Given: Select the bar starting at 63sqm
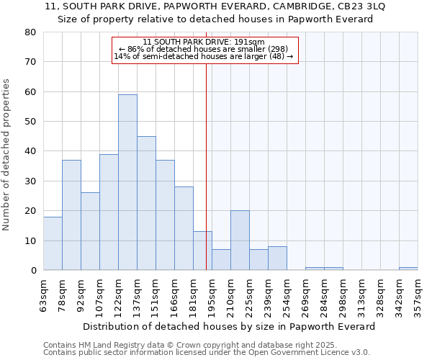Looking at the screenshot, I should tap(53, 243).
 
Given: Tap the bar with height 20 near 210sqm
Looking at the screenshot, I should tap(240, 240).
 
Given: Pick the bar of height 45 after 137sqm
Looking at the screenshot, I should tap(146, 203).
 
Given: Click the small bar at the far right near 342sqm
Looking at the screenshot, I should tap(408, 269).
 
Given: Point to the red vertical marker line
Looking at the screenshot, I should tap(207, 158).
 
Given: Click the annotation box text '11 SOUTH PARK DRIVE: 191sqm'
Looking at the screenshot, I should tap(204, 42).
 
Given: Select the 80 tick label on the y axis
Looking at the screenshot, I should tap(30, 32).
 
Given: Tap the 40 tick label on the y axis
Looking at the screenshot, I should tap(30, 151).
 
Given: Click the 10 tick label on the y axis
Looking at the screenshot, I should tap(30, 240).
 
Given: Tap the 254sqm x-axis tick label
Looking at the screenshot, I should tap(287, 294).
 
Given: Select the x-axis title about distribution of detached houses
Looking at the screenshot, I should tap(229, 326).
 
